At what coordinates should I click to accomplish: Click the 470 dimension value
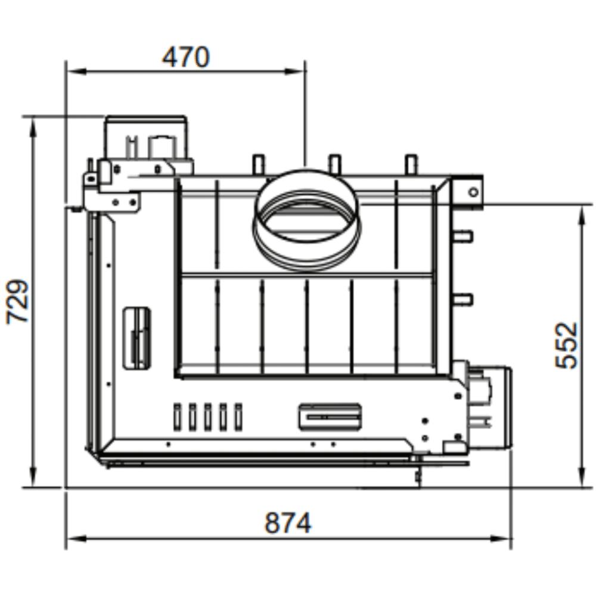coord(186,57)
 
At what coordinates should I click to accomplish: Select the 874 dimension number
coord(288,523)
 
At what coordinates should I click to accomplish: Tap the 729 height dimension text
coord(18,302)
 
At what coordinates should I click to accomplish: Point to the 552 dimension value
coord(567,345)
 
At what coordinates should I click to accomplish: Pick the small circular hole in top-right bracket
coord(474,192)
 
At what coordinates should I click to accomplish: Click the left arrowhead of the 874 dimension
coord(76,538)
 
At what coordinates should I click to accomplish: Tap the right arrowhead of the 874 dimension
coord(500,538)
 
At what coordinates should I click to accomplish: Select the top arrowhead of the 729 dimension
coord(33,128)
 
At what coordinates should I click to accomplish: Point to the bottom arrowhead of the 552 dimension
coord(581,477)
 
